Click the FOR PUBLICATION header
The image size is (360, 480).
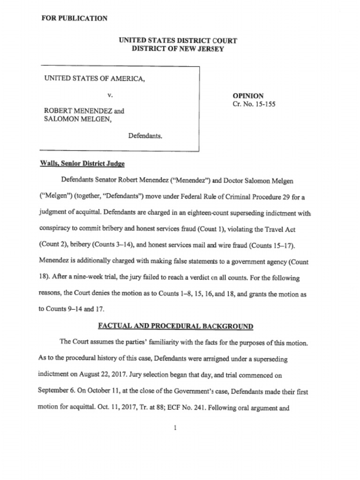click(x=75, y=18)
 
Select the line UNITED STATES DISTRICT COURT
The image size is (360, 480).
click(x=178, y=40)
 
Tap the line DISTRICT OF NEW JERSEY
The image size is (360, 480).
click(x=178, y=49)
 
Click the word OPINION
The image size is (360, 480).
click(x=248, y=96)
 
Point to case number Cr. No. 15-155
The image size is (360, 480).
click(x=254, y=104)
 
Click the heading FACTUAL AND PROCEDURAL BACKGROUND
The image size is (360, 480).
click(x=175, y=326)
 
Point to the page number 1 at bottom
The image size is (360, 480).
click(x=174, y=427)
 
